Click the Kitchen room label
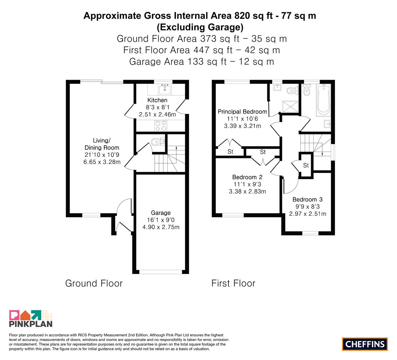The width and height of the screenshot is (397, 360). click(x=157, y=100)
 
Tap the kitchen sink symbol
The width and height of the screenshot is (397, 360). click(x=165, y=89)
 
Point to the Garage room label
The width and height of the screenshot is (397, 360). click(x=161, y=213)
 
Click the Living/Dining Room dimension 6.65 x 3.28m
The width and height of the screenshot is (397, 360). click(x=102, y=162)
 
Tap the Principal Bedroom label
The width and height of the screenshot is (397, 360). click(x=242, y=112)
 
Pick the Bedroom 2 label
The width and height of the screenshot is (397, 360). click(x=247, y=177)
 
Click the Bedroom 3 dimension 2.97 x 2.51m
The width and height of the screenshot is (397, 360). click(x=308, y=214)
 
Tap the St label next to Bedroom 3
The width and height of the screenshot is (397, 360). click(x=306, y=165)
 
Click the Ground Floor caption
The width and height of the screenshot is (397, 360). click(x=94, y=283)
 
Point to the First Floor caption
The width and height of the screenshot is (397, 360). click(x=233, y=283)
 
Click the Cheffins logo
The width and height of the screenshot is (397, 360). click(x=365, y=344)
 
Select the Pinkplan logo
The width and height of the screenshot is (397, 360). click(x=31, y=319)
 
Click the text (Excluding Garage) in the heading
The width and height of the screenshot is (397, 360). click(x=200, y=27)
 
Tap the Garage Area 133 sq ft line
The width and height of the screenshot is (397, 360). click(x=202, y=62)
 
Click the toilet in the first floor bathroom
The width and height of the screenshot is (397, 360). click(x=306, y=90)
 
